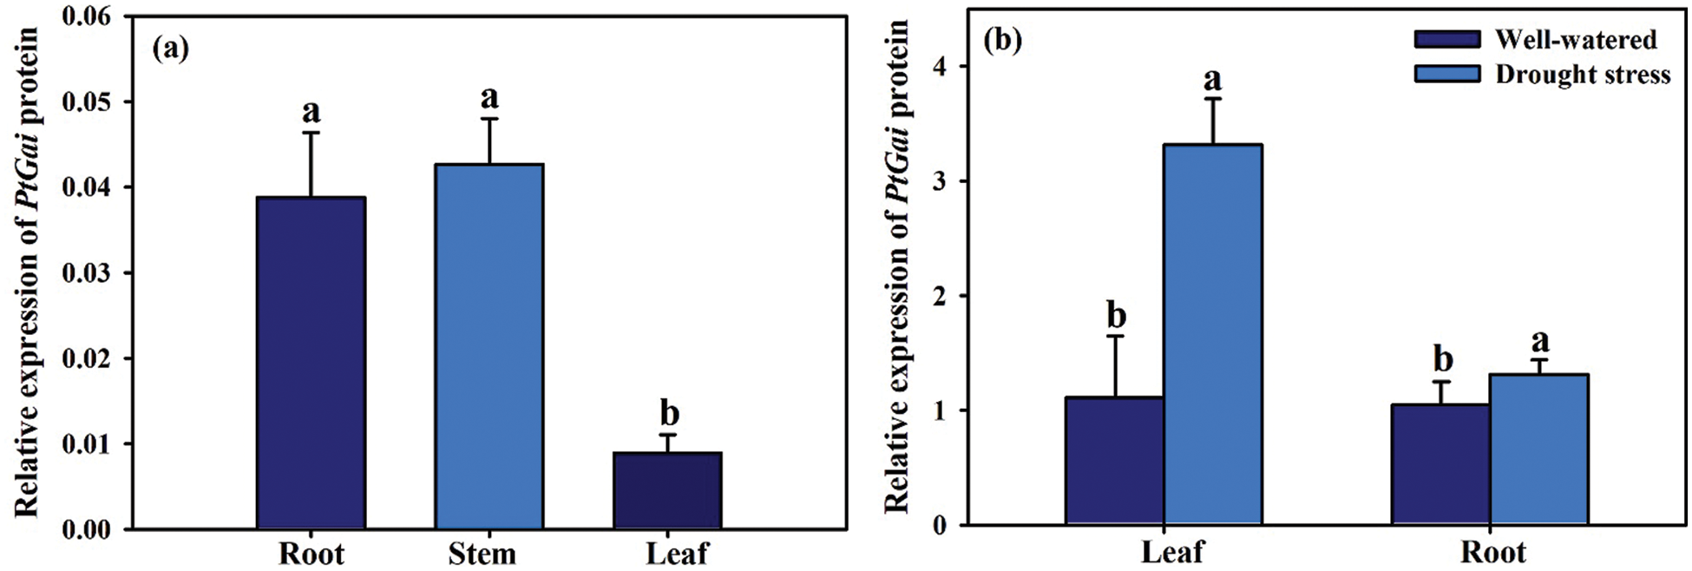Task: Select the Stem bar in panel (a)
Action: pos(489,346)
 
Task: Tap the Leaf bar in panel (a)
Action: pos(668,490)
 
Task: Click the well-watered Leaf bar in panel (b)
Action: pos(1115,461)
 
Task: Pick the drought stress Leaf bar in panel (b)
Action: pos(1213,335)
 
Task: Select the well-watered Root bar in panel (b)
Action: pos(1441,464)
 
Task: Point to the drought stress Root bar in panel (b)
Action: pos(1539,450)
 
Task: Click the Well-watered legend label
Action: pos(1575,40)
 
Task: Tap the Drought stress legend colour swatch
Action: pos(1447,74)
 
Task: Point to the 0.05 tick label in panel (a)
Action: pos(87,102)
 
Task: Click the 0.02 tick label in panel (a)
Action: pos(87,359)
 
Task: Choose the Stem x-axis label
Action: pos(482,554)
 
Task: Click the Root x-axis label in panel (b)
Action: pos(1493,553)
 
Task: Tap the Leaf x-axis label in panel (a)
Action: pos(677,554)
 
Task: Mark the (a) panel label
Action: pos(170,48)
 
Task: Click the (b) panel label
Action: pos(1003,41)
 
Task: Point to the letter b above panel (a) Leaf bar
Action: pos(669,413)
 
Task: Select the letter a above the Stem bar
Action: pos(489,97)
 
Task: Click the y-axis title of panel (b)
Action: pos(896,265)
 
